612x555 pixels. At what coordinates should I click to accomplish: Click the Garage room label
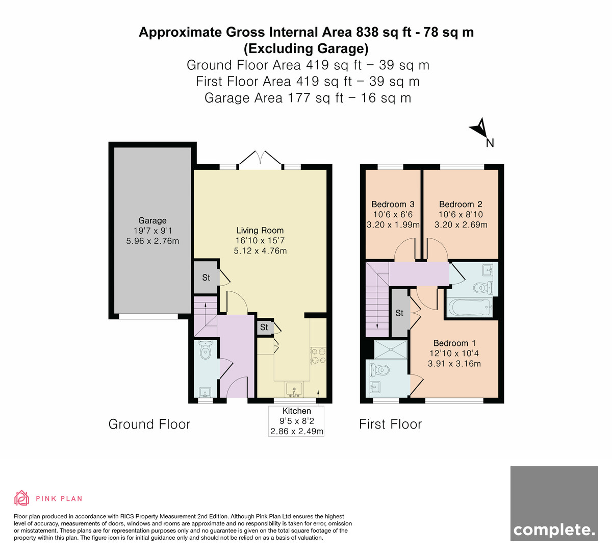[152, 220]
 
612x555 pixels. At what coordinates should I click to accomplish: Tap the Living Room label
[260, 230]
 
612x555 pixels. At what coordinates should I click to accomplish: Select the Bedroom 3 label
[393, 204]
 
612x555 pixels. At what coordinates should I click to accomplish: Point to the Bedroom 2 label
[461, 204]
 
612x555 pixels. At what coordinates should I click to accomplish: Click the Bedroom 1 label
[454, 343]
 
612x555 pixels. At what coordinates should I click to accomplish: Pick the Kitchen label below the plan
[296, 411]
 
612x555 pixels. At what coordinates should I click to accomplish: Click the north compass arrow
[479, 128]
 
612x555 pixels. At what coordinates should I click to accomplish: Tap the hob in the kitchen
[318, 356]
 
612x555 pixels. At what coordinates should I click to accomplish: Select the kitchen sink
[294, 390]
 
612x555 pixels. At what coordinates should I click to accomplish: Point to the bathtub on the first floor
[470, 308]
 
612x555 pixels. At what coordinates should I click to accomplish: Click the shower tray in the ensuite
[391, 349]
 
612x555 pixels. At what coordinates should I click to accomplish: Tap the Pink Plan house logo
[21, 498]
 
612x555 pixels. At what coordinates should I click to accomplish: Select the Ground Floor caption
[149, 424]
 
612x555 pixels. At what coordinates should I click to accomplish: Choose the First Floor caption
[390, 424]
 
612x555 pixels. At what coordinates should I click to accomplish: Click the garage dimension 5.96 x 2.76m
[152, 241]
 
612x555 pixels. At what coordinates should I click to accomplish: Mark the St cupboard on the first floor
[399, 313]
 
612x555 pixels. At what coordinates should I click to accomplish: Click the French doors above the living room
[260, 160]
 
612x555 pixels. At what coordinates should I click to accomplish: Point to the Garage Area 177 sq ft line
[308, 98]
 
